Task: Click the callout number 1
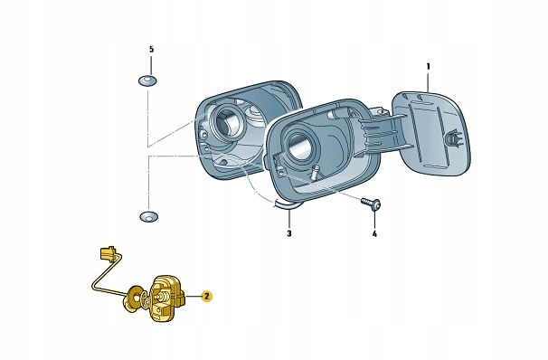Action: [x=429, y=66]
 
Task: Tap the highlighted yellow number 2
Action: [x=206, y=297]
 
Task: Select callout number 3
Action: [x=289, y=233]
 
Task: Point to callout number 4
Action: [x=374, y=234]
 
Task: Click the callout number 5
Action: [x=151, y=49]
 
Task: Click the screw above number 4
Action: [x=372, y=204]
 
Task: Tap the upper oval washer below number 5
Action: [x=147, y=81]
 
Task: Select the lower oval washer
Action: [x=149, y=216]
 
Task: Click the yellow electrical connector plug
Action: [x=108, y=253]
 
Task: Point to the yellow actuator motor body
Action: [x=168, y=297]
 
